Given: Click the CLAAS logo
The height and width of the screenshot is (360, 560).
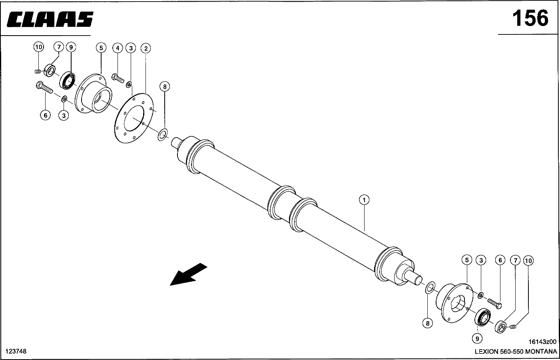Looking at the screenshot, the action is [x=50, y=19].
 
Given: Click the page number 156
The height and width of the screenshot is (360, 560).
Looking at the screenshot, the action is [x=530, y=18].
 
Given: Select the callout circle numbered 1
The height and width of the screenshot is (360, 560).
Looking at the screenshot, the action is [x=364, y=200].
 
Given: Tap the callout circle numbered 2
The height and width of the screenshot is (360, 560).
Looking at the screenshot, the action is [x=146, y=48].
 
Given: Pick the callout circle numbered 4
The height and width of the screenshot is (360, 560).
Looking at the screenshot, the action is [x=118, y=48].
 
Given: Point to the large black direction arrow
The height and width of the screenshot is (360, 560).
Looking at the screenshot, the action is [x=189, y=274].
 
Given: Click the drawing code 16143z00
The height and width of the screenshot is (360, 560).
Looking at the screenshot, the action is [x=542, y=342].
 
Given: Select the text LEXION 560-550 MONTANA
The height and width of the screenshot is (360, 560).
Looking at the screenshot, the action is [x=516, y=352].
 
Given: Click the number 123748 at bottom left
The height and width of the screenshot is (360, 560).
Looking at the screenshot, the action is [x=16, y=351].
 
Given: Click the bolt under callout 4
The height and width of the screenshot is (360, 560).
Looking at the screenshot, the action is [x=118, y=78].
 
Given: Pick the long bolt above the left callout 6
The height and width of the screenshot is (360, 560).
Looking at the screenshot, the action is [x=44, y=87].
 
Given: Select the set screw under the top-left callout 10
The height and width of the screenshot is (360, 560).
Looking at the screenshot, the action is [x=38, y=72].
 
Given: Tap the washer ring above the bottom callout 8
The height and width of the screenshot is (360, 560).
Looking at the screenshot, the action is [x=430, y=287].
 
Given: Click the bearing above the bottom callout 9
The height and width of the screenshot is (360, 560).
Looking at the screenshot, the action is [x=482, y=317].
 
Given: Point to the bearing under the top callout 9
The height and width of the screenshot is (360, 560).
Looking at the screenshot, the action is [x=68, y=80].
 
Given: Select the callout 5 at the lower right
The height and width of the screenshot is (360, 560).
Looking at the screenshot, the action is [x=467, y=260].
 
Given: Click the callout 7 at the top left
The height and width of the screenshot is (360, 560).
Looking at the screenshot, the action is [x=59, y=47].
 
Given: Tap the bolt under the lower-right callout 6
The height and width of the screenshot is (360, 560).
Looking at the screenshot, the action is [x=494, y=304].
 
